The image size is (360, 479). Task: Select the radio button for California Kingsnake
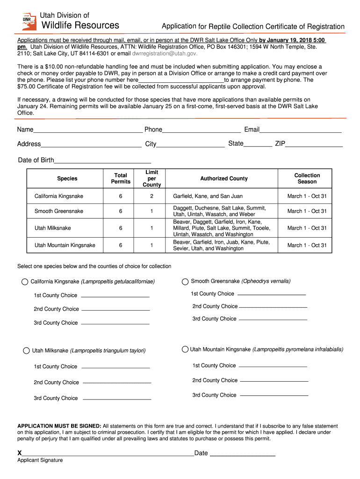point(25,282)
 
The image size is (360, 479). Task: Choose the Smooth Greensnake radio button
point(185,282)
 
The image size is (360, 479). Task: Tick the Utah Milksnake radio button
point(26,351)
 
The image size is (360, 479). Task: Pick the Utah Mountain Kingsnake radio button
point(185,349)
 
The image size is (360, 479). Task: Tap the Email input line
point(301,131)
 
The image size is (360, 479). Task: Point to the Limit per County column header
point(151,179)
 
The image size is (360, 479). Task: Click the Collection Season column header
point(307,179)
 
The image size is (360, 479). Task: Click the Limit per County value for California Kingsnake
point(151,196)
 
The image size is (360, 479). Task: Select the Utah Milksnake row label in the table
point(53,228)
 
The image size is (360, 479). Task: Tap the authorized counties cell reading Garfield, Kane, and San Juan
point(208,196)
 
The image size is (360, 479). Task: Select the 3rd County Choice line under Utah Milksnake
point(117,399)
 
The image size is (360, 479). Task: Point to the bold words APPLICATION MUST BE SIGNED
point(59,426)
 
